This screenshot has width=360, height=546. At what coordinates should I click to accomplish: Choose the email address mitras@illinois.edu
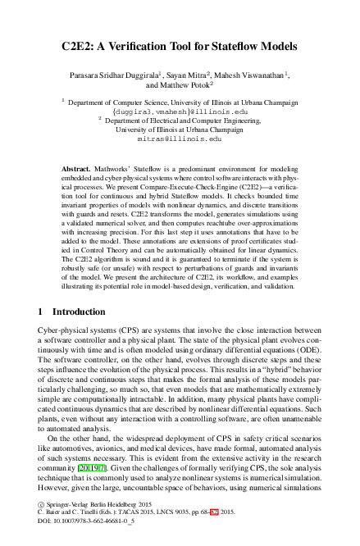pos(180,139)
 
